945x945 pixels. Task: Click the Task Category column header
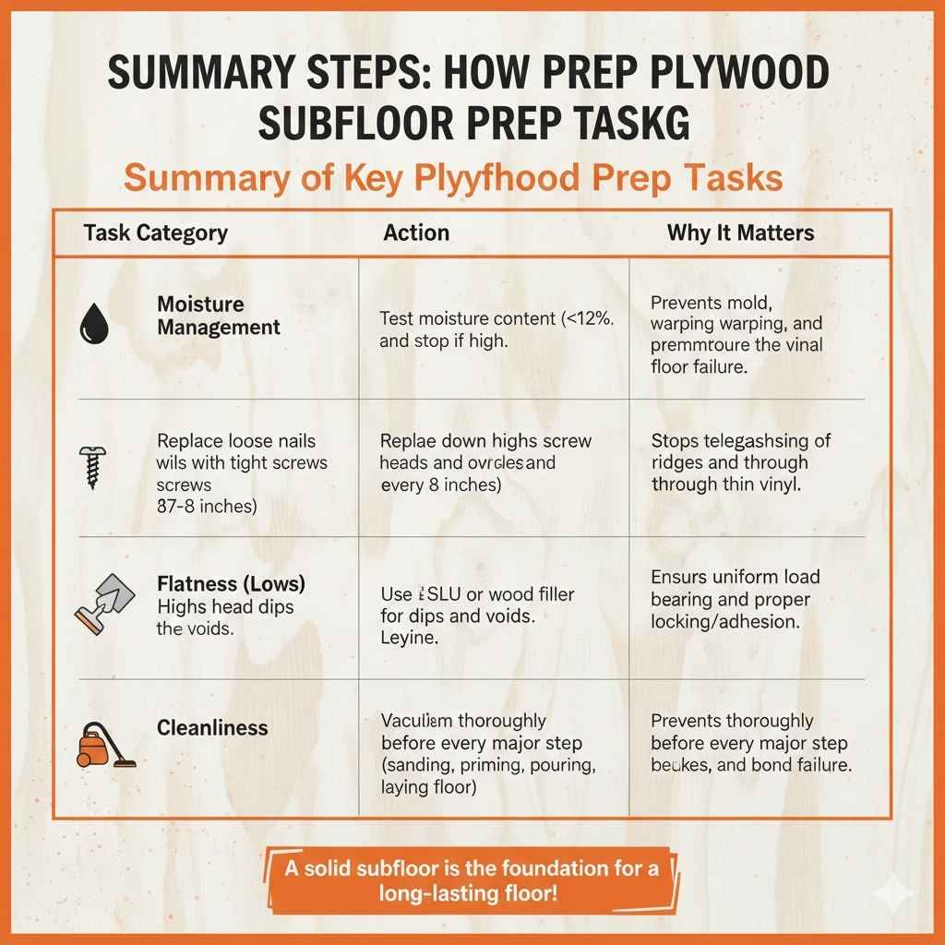coord(155,233)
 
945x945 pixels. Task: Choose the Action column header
coord(416,233)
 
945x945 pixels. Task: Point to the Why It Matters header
coord(740,233)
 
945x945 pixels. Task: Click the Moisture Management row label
coord(219,316)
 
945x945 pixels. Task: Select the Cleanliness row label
coord(212,728)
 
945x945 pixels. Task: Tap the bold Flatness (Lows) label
coord(231,584)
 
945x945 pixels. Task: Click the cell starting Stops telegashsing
coord(740,461)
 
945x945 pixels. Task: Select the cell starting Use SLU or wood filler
coord(477,616)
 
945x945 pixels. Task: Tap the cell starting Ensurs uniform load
coord(735,599)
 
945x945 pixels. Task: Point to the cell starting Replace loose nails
coord(242,473)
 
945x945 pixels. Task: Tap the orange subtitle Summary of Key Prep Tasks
coord(453,176)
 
